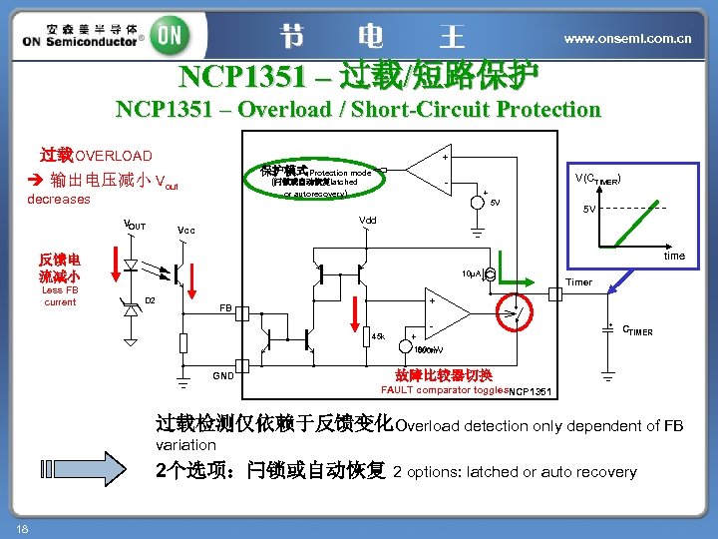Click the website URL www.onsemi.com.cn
(x=627, y=38)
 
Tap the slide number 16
(x=21, y=526)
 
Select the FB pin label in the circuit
(x=226, y=308)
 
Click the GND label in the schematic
(x=222, y=375)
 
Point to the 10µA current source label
(x=472, y=272)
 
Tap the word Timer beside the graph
(x=578, y=281)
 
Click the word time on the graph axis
(x=674, y=256)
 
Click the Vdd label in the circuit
(x=368, y=220)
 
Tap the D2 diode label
(x=151, y=299)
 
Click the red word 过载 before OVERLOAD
(x=57, y=155)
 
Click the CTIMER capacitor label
(x=637, y=330)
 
